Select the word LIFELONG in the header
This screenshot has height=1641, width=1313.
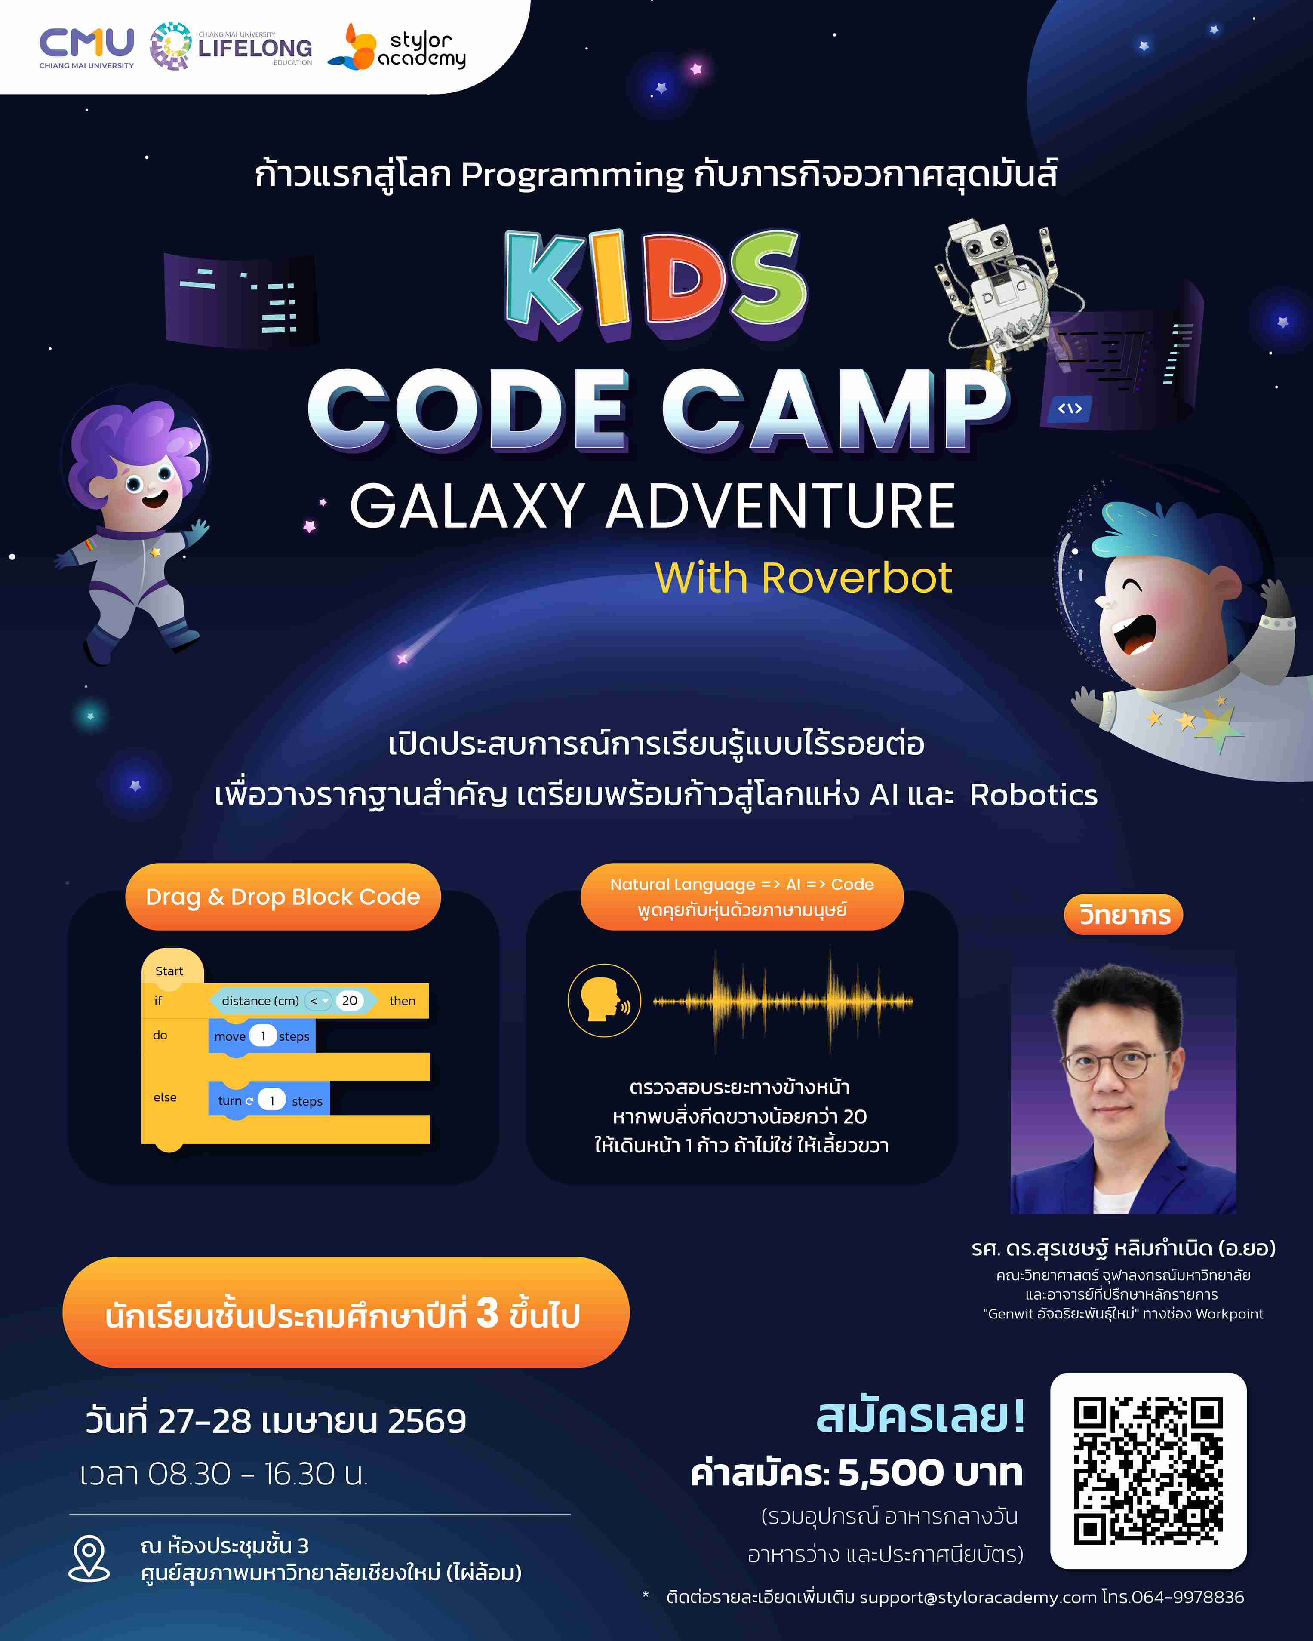(255, 49)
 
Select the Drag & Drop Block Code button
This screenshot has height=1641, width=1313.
(283, 897)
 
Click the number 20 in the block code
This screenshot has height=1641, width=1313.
(349, 1000)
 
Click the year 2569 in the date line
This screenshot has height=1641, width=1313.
(426, 1421)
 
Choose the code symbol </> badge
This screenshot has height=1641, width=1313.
(1070, 409)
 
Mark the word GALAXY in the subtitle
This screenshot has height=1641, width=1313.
(466, 506)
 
